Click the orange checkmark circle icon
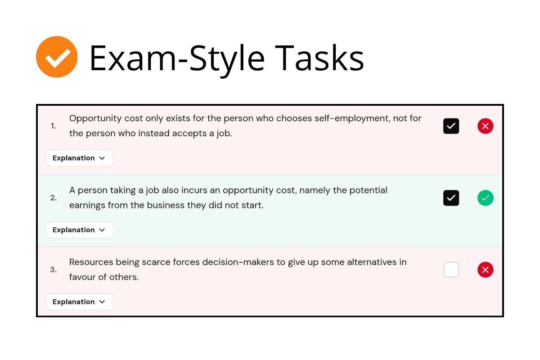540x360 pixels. (x=57, y=57)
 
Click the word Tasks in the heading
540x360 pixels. (x=319, y=58)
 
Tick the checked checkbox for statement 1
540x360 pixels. (x=451, y=126)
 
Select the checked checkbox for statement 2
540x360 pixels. (x=451, y=198)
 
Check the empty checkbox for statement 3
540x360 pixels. (x=451, y=270)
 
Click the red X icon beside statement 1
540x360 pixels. (x=485, y=126)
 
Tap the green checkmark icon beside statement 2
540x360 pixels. (x=485, y=198)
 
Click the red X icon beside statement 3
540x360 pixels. (x=485, y=270)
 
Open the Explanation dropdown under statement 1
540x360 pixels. (x=80, y=158)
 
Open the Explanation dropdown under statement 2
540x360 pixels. (x=80, y=230)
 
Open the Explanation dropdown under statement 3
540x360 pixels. (x=80, y=301)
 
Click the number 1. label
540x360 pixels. (x=53, y=126)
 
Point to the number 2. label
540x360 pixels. (x=53, y=198)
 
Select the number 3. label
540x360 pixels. (x=53, y=270)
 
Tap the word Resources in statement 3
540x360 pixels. (x=91, y=262)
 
